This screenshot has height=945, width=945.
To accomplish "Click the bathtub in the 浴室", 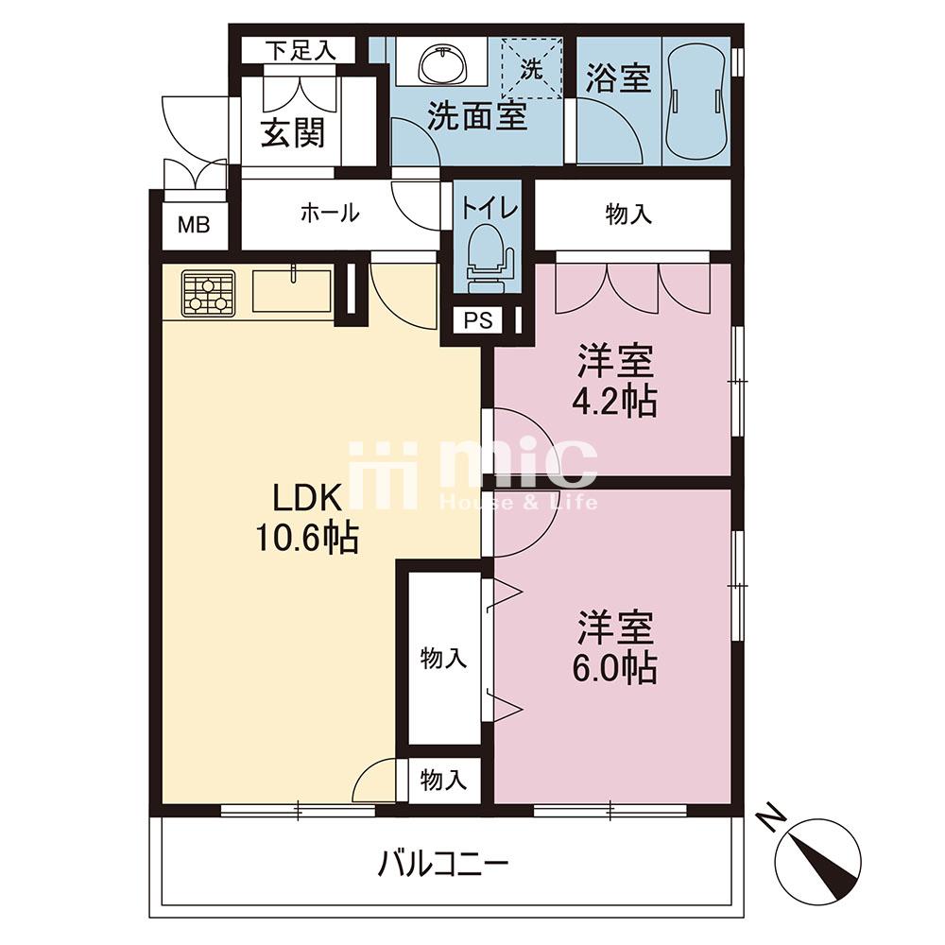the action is tap(695, 99).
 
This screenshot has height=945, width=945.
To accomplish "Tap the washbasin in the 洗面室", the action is tap(443, 64).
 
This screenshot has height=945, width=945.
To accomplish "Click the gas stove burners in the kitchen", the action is tap(209, 293).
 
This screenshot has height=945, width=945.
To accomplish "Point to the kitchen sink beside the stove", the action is tap(292, 290).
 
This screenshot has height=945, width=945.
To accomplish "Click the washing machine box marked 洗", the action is tap(531, 67).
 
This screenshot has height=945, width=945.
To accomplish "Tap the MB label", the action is tap(194, 226).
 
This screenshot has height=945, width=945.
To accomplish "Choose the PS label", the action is tap(478, 320).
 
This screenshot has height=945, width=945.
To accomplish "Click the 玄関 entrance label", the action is tap(293, 132).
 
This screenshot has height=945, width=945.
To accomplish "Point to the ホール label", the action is tap(330, 213).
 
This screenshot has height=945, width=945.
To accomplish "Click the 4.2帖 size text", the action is tap(614, 400).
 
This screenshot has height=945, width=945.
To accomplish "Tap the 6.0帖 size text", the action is tap(614, 666).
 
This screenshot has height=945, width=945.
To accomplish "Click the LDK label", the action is tap(307, 498).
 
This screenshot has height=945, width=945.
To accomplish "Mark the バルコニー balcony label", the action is tap(443, 865).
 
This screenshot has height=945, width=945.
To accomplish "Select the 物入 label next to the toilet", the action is tap(628, 214).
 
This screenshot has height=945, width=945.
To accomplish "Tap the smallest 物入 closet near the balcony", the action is tap(443, 781).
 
